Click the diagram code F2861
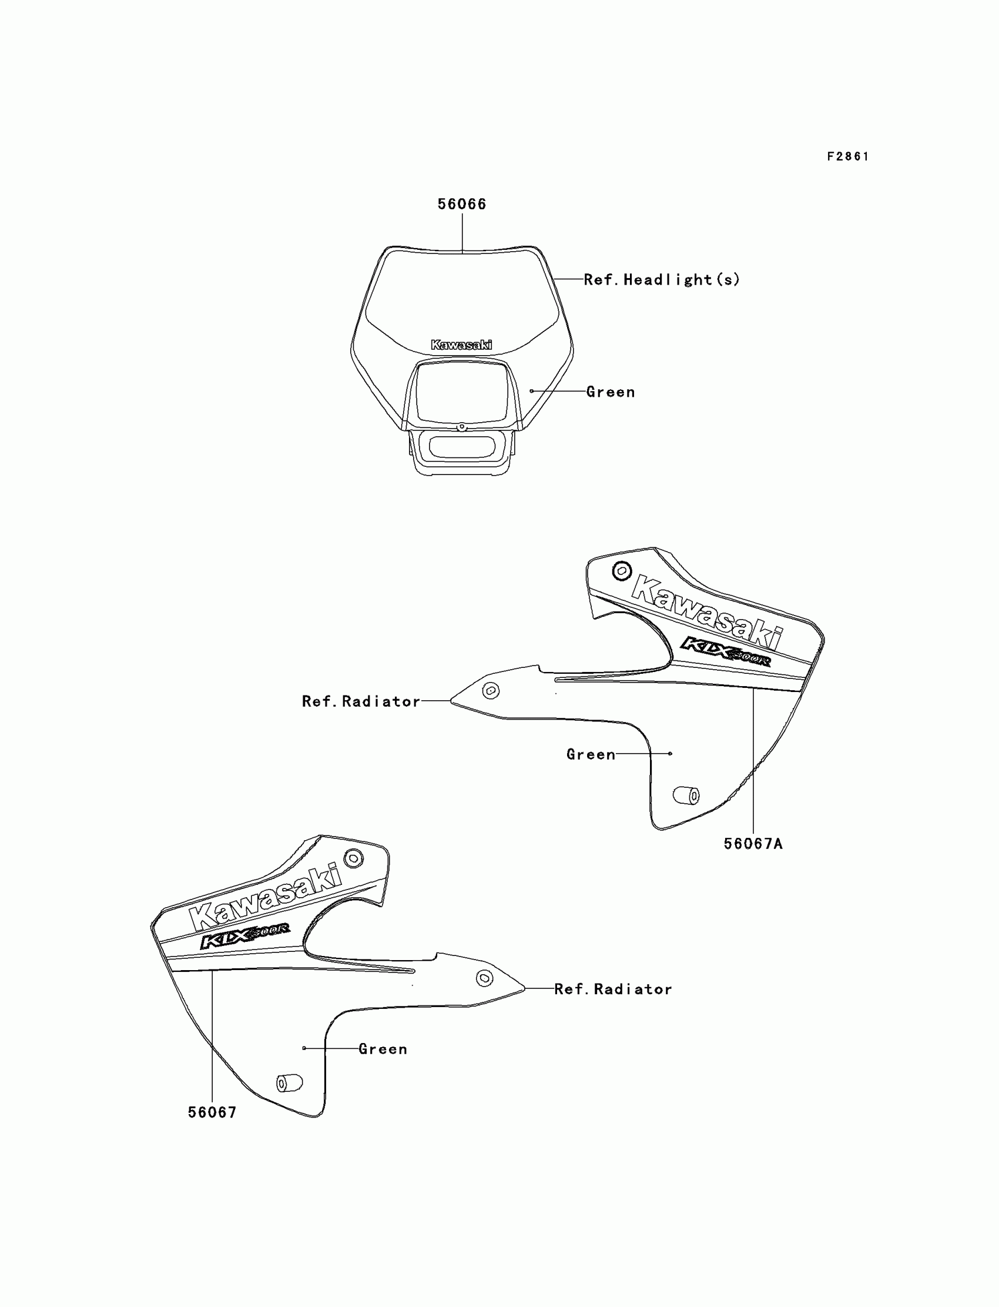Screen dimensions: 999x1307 [847, 156]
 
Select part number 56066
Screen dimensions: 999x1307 [461, 204]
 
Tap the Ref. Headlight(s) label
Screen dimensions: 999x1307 [661, 280]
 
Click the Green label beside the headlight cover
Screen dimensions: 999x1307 [610, 392]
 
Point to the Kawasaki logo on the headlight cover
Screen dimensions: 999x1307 [461, 345]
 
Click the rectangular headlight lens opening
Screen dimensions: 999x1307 [461, 393]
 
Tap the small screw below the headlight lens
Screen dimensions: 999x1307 [461, 427]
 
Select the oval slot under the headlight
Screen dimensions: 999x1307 [461, 447]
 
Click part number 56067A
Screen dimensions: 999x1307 [753, 844]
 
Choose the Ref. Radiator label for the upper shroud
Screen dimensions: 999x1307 [361, 701]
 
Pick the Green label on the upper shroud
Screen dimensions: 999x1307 [591, 754]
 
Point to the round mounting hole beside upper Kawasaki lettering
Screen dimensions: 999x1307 [621, 571]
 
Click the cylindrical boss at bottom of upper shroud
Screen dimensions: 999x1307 [686, 795]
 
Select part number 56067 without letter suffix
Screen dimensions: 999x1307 [212, 1112]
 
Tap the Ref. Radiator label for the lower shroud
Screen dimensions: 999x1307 [613, 990]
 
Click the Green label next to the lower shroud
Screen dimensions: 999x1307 [383, 1049]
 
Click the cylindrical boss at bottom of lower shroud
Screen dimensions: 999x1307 [290, 1083]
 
